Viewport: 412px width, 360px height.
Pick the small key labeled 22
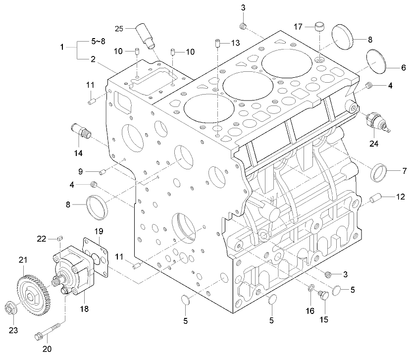coord(59,239)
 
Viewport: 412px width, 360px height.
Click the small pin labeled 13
coord(217,44)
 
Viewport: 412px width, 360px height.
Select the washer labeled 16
coord(310,288)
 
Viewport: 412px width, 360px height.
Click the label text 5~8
coord(98,42)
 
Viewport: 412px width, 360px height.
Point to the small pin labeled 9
coord(103,172)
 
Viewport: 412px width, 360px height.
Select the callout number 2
coord(93,59)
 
